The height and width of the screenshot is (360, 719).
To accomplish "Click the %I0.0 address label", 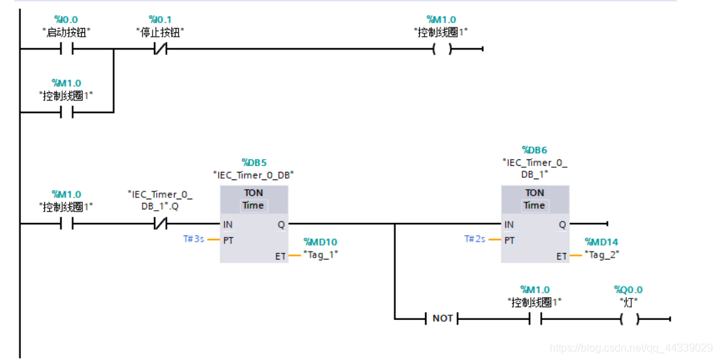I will click(x=66, y=20).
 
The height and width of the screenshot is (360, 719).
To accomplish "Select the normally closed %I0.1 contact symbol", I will click(x=159, y=49).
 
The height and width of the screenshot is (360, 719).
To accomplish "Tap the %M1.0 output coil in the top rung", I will click(x=442, y=49).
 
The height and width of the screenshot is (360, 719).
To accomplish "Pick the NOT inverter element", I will click(x=443, y=319).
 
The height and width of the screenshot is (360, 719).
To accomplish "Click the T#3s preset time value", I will click(x=194, y=239).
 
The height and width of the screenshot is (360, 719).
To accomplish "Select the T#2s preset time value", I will click(x=475, y=239).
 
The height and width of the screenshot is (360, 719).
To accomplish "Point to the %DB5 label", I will click(x=254, y=163).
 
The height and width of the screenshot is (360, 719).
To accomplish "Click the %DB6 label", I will click(x=534, y=150).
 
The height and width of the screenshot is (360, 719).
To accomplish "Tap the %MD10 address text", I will click(x=321, y=242).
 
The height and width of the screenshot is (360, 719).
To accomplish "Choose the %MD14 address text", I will click(x=601, y=242).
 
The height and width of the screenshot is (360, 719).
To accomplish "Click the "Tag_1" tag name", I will click(x=321, y=254).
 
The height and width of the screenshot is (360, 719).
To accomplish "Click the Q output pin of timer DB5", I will click(x=281, y=225).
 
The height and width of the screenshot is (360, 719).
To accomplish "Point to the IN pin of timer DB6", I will click(x=509, y=225).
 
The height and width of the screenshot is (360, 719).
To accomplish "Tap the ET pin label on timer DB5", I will click(x=280, y=256).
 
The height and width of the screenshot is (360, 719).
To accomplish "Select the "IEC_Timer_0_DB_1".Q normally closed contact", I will click(x=159, y=224).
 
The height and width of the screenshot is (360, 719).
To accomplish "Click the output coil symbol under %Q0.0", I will click(x=629, y=319).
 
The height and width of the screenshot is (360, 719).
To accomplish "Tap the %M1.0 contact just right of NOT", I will click(x=534, y=319).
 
